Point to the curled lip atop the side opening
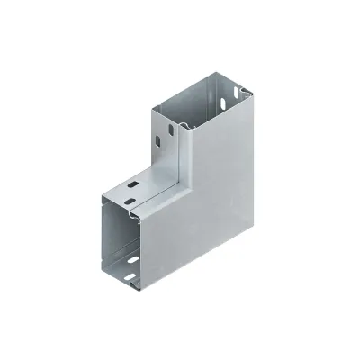135,213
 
